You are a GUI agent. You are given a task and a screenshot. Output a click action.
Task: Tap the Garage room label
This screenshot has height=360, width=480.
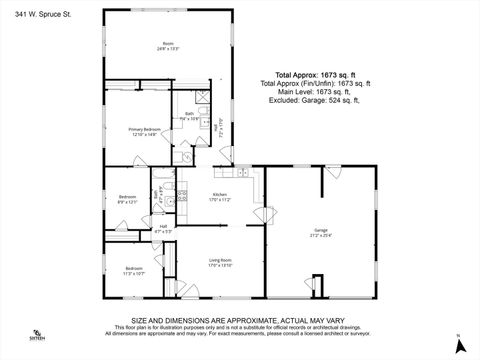(320, 229)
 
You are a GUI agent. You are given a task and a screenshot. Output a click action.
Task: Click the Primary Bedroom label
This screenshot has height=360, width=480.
(145, 129)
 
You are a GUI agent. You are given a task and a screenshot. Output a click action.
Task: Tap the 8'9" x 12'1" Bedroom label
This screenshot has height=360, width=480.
(126, 196)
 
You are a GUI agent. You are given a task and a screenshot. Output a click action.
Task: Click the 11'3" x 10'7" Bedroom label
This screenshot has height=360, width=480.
(134, 267)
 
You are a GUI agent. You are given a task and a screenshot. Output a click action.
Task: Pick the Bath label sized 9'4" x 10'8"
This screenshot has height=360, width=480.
(188, 114)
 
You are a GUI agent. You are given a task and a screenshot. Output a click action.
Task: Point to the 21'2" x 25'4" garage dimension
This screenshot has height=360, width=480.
(320, 235)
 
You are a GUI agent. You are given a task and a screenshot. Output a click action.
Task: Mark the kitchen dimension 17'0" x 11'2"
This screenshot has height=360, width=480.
(219, 200)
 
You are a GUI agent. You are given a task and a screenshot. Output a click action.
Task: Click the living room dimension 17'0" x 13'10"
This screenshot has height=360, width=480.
(220, 265)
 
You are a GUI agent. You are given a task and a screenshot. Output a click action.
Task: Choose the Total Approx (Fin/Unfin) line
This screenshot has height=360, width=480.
(316, 82)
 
